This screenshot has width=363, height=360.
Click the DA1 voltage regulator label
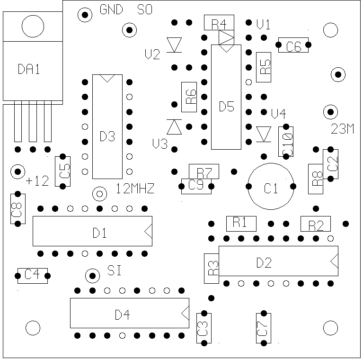pos(29,70)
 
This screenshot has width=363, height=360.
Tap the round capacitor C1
pos(271,186)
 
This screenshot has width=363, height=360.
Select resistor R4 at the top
pos(219,22)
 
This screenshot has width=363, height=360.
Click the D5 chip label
pos(226,107)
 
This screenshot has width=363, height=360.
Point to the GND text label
pos(112,10)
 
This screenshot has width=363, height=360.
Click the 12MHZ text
pos(135,190)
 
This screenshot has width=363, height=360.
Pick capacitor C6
pos(293,46)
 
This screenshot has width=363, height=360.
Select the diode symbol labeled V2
pos(176,45)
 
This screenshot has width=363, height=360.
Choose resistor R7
pos(204,171)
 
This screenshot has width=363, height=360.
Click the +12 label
pos(37,181)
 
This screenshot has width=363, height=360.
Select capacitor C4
pos(32,275)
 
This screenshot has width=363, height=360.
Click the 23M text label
pos(343,129)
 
